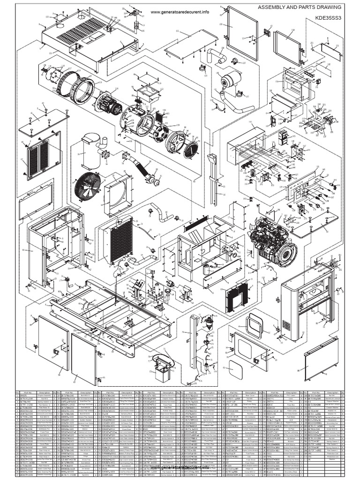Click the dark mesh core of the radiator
(x=121, y=240)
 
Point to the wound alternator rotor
(x=109, y=102)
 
